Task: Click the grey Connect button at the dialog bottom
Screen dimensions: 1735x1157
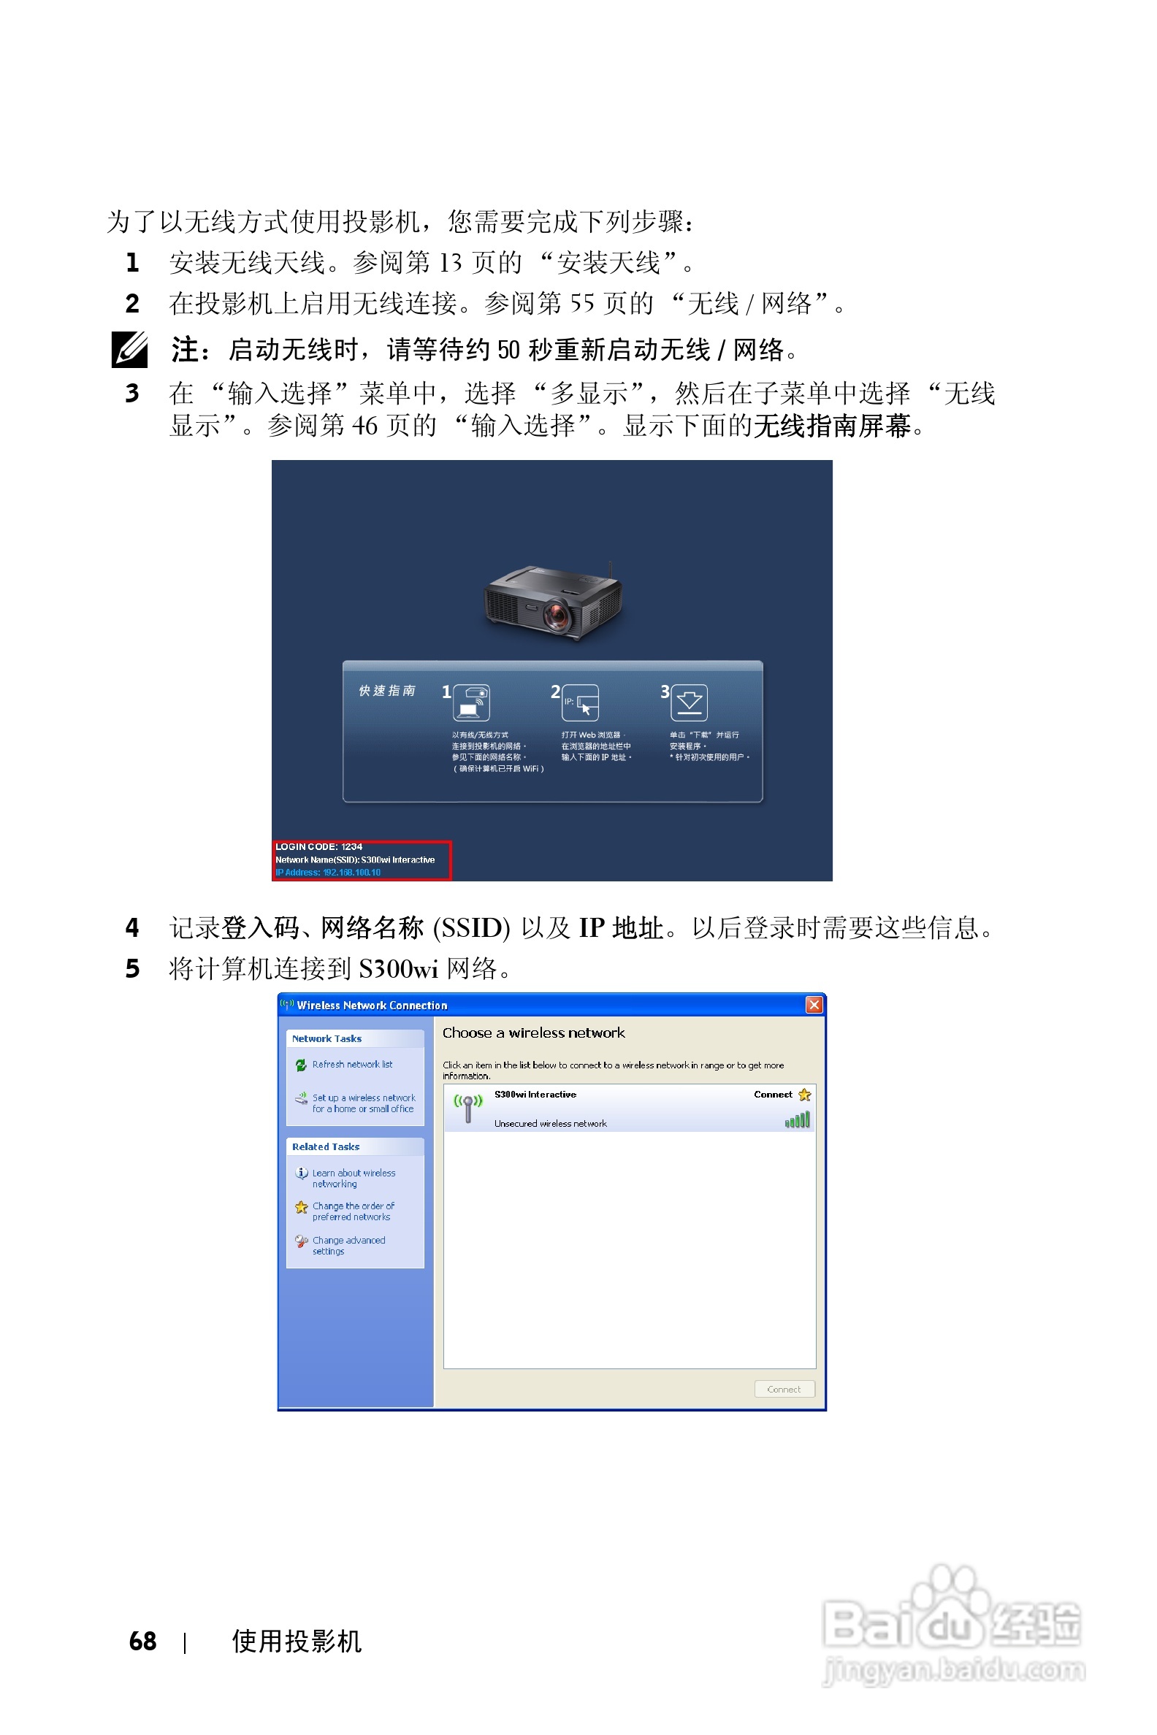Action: click(x=784, y=1389)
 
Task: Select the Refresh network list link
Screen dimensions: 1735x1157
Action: click(x=352, y=1065)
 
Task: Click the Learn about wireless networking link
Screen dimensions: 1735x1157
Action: click(x=354, y=1178)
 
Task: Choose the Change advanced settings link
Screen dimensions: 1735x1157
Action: click(x=348, y=1245)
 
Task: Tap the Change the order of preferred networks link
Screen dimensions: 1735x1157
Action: click(x=353, y=1211)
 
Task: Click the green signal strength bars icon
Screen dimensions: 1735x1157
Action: click(x=797, y=1120)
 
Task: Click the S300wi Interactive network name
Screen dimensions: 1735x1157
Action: click(x=535, y=1095)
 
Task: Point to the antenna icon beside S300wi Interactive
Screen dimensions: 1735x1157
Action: click(x=467, y=1108)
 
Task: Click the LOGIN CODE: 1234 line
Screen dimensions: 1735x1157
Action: click(x=318, y=847)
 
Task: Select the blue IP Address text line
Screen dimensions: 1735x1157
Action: click(x=329, y=873)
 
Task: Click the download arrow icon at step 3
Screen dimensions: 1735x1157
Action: click(x=690, y=702)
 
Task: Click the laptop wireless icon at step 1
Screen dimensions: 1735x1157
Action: click(x=472, y=702)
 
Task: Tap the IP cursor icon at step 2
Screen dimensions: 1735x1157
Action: click(x=581, y=703)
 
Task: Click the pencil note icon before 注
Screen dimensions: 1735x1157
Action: click(x=130, y=350)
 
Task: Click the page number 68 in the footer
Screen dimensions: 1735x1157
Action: click(x=142, y=1641)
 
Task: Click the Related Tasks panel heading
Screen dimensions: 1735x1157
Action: click(x=326, y=1146)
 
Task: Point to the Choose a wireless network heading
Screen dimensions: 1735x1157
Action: click(x=532, y=1033)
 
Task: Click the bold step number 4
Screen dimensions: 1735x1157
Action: click(x=132, y=927)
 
